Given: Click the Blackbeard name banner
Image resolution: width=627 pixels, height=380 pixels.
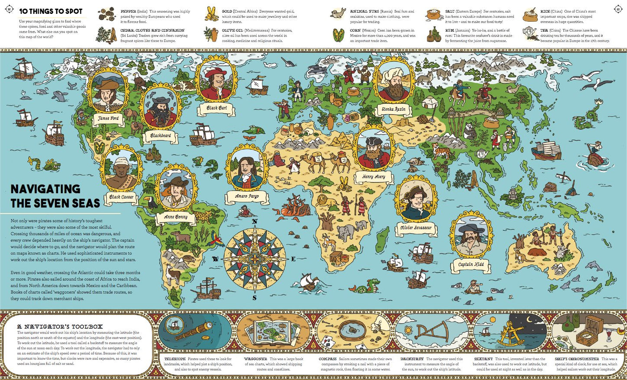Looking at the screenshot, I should coord(161,135).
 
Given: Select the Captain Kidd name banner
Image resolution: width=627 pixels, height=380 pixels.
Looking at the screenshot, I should coord(471,264).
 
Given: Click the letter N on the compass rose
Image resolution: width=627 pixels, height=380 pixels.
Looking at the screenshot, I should coord(255,221).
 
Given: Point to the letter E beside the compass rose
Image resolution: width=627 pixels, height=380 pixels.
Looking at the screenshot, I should coord(293,259).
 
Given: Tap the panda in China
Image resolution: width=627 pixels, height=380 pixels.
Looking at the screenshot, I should coord(470,130).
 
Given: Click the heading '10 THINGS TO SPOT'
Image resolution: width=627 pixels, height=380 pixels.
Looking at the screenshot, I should coord(51,11).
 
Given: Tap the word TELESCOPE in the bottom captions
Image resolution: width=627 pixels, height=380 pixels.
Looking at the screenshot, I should coord(175,359).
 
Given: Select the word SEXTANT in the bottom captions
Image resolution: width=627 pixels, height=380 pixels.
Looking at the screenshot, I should coord(483,359).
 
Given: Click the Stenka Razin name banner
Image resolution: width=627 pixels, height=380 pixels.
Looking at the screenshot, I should coord(394,109).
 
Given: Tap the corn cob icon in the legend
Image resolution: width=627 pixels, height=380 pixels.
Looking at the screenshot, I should coord(338,35).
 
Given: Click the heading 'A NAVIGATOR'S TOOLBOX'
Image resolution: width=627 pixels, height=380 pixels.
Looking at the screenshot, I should coord(60,327).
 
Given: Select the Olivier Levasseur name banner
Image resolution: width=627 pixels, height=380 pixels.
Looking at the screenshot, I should coord(416,228).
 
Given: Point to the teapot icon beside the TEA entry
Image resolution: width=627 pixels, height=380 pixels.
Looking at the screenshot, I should coord(529,33).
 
